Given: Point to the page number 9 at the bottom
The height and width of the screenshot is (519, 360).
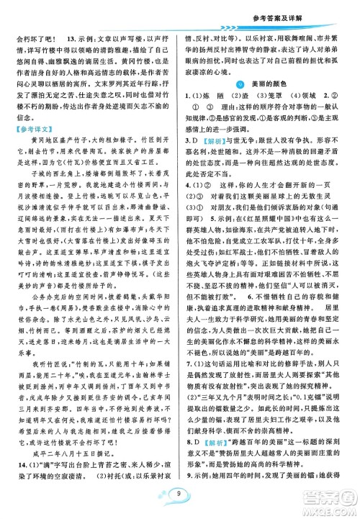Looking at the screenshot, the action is point(179,495).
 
